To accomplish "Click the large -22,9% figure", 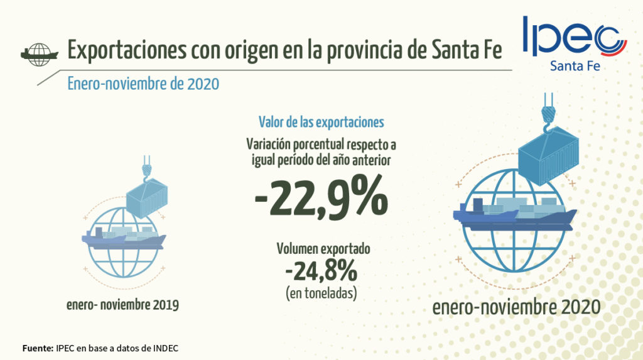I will coord(320,197).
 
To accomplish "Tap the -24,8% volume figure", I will coord(320,271).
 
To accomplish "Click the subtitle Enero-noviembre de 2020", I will coord(143,84).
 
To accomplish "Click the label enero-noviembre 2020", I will coord(516,307).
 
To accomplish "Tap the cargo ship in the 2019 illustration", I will coord(123,239).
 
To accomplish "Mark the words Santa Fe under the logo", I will coord(574,66).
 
